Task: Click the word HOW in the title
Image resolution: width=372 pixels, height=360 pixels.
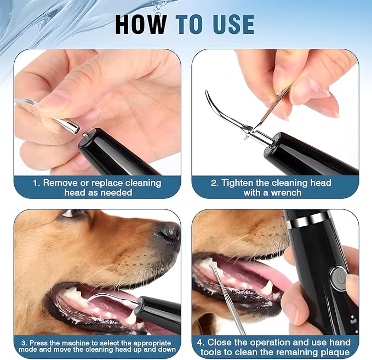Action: [141, 24]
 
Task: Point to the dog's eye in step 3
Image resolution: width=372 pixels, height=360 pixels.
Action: [71, 213]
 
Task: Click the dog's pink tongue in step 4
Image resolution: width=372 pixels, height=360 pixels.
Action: [271, 268]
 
